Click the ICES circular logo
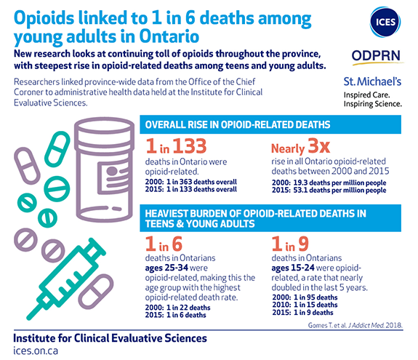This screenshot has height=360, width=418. click(x=385, y=22)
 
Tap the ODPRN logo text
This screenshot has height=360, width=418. click(x=376, y=56)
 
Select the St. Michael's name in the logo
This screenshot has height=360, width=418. click(x=372, y=81)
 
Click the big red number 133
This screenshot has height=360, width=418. click(x=190, y=146)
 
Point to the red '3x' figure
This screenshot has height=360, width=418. click(x=319, y=145)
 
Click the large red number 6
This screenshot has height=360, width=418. click(x=177, y=244)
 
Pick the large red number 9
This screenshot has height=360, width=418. click(x=303, y=244)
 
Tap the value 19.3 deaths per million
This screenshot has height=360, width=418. click(x=340, y=183)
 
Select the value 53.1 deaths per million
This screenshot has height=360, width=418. click(x=340, y=190)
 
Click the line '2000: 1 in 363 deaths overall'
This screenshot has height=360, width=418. click(x=191, y=182)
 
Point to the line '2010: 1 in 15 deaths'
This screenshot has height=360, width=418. click(x=305, y=305)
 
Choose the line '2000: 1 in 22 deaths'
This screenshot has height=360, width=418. click(x=178, y=308)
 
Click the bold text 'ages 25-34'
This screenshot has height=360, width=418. click(x=166, y=268)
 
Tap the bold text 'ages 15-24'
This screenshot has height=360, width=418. click(x=293, y=268)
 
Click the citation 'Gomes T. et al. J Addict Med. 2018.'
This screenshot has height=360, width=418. click(x=355, y=325)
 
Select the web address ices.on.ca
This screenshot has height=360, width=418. click(x=36, y=351)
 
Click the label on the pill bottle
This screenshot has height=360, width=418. click(x=113, y=177)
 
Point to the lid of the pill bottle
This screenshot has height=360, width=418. click(x=104, y=130)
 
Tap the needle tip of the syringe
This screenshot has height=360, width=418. click(x=29, y=317)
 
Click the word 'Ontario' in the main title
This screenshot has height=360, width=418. click(x=169, y=36)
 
